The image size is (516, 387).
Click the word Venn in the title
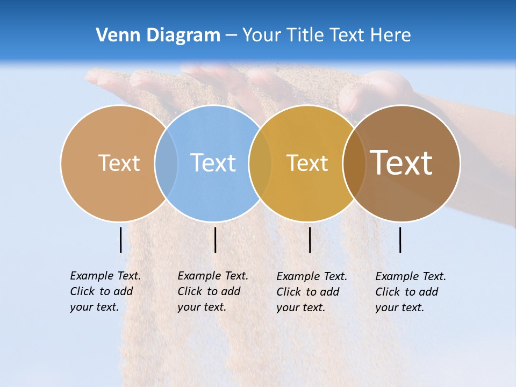point(114,35)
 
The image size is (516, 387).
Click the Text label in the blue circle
point(213,162)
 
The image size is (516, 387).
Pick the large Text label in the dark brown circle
point(402,162)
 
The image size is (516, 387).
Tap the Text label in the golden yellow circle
point(307,163)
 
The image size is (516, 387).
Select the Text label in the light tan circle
point(119,163)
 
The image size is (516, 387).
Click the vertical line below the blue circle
point(215,240)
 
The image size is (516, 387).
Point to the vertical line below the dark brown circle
point(400,240)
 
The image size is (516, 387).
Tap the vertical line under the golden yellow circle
point(310,240)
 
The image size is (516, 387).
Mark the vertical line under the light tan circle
point(121,240)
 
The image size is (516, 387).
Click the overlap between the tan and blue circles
point(166,163)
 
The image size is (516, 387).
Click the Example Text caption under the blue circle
point(213,291)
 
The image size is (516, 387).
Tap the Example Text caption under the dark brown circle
point(411,292)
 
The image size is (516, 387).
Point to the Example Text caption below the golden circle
point(312,292)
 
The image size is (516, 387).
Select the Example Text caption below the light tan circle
point(105,291)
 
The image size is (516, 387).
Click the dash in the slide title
point(231,36)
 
